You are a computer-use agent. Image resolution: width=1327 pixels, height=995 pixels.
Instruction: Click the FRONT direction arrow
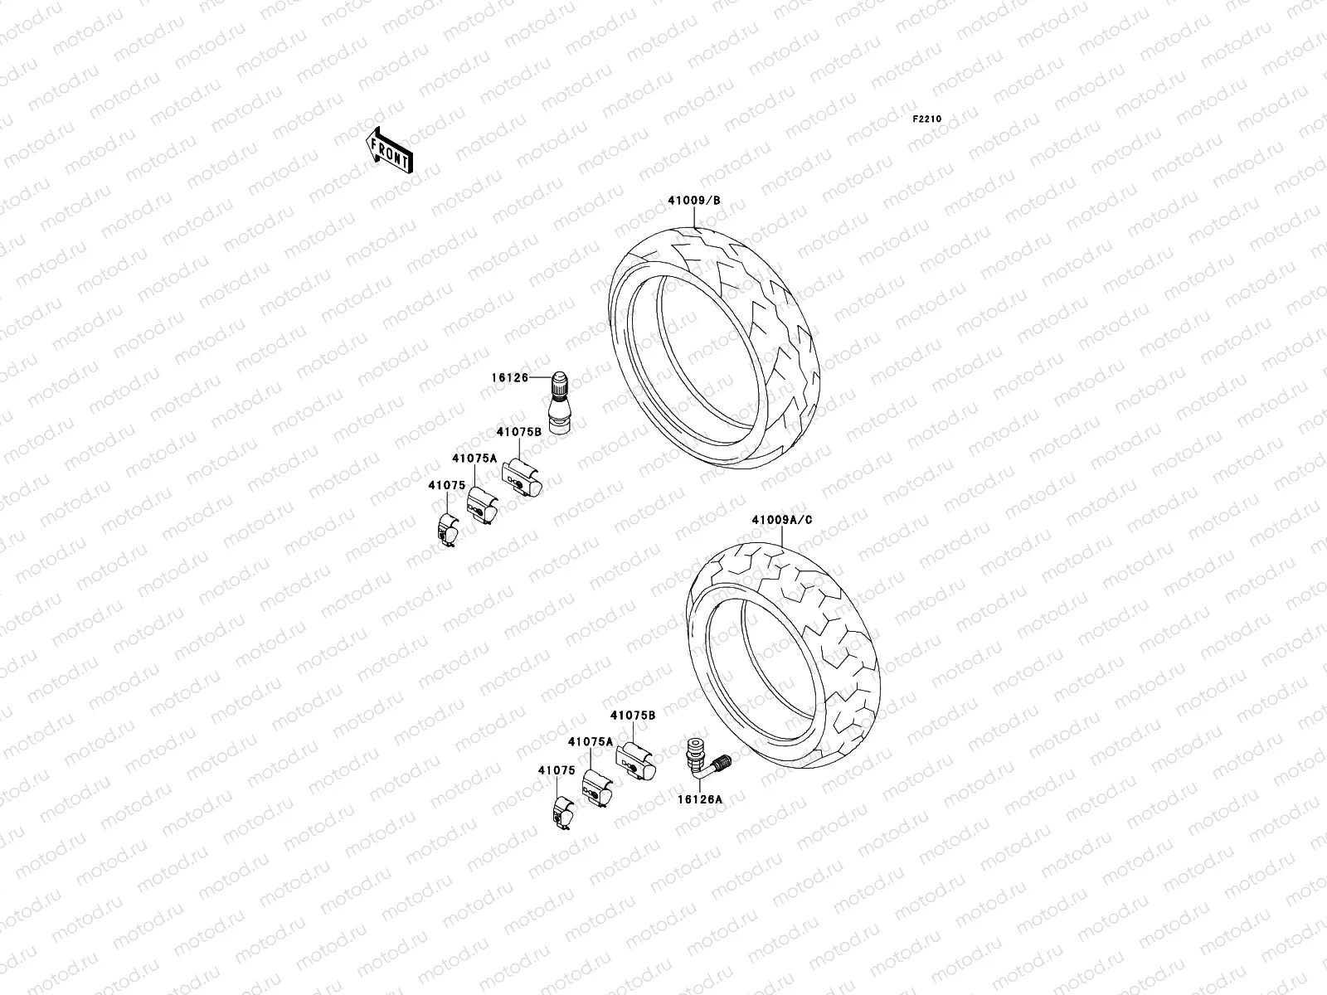click(389, 150)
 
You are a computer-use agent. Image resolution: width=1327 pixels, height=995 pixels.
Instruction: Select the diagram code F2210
click(927, 119)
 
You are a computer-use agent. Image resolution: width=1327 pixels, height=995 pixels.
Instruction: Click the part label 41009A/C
click(781, 520)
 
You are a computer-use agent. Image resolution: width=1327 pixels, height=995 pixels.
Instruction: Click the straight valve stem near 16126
click(557, 402)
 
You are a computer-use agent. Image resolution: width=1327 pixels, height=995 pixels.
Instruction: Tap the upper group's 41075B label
click(519, 431)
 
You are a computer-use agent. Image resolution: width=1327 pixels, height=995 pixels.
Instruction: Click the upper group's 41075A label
click(474, 458)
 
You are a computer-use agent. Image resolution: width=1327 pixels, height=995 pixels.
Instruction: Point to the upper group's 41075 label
click(446, 484)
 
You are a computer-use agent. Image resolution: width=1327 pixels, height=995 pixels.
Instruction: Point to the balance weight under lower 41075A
click(596, 788)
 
